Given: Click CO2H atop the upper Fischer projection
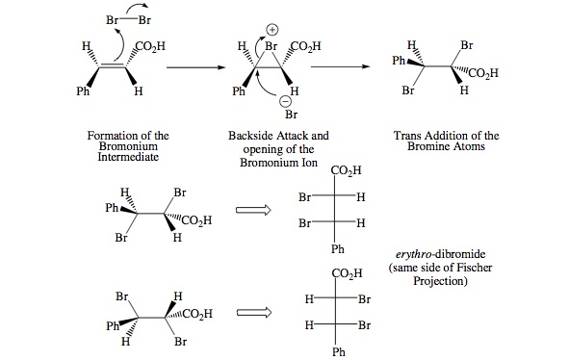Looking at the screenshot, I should pos(346,171).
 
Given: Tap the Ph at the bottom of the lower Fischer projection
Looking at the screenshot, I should pos(337,351).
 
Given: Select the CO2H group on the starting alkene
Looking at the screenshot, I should pos(151,44).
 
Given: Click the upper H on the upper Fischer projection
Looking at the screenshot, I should pos(360,198).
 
